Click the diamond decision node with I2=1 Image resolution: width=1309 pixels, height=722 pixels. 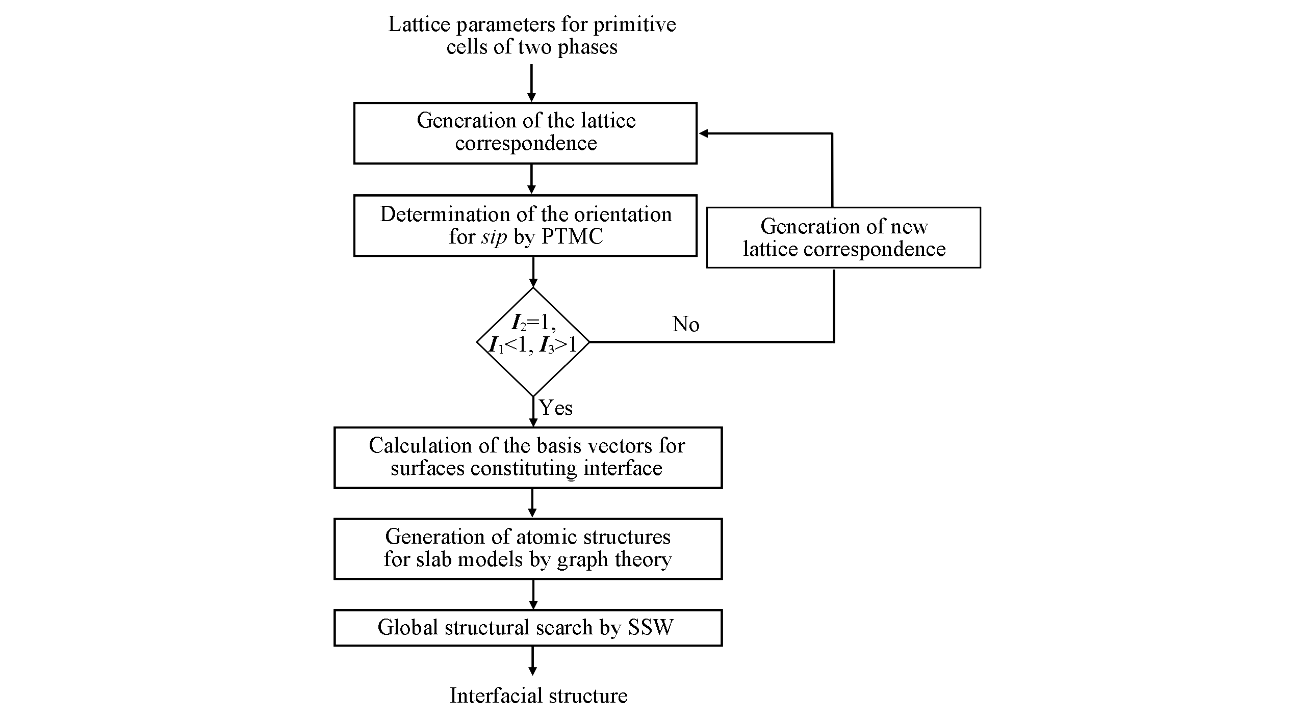[x=533, y=341]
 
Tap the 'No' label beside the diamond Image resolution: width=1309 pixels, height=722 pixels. [x=686, y=325]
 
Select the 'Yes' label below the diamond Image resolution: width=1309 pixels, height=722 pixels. [x=556, y=408]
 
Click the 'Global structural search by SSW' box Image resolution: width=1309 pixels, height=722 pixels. [x=528, y=628]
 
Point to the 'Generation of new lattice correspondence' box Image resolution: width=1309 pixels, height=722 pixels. [x=843, y=237]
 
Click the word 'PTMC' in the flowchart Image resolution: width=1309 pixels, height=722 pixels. [x=572, y=237]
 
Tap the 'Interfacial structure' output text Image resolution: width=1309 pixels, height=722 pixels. [x=538, y=696]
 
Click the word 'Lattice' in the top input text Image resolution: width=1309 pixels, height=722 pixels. [x=419, y=24]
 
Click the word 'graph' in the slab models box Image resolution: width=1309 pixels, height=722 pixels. [x=583, y=559]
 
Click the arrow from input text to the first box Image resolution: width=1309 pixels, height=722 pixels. [x=532, y=84]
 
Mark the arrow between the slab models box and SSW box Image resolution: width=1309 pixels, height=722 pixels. [x=533, y=594]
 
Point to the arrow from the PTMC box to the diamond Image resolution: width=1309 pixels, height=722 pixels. [x=533, y=272]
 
